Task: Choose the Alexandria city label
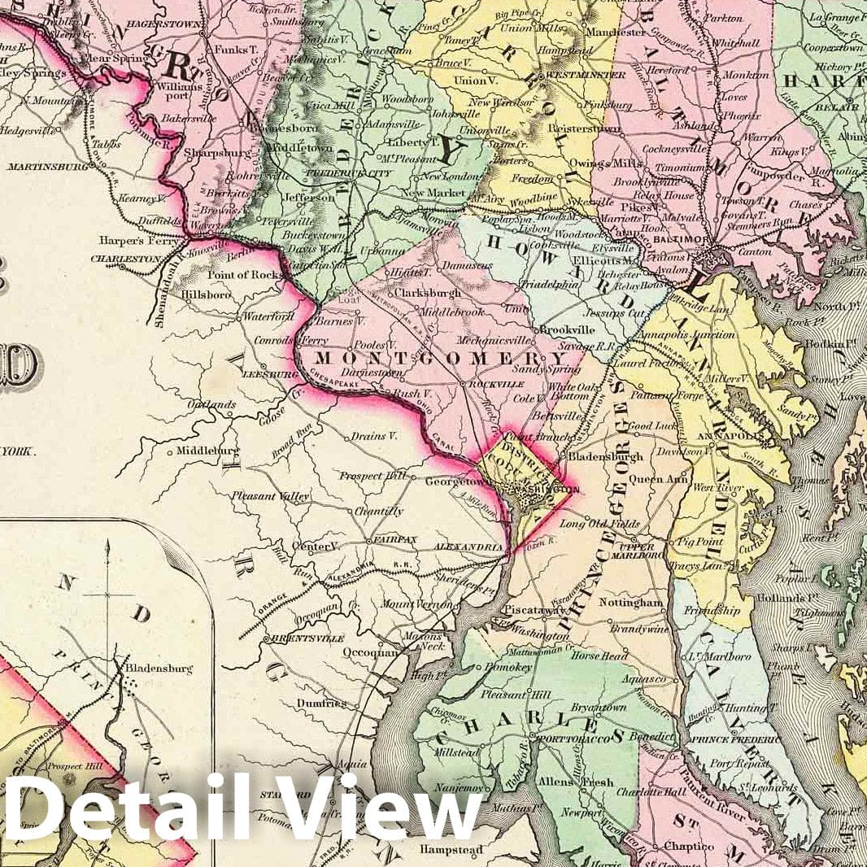469,548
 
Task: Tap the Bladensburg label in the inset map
159,669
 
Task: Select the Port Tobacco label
563,738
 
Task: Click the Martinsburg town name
48,167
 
